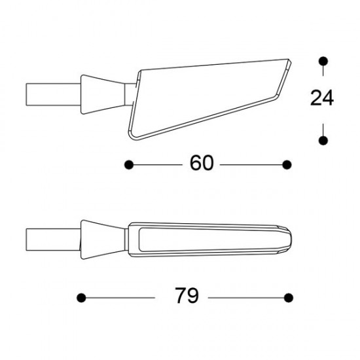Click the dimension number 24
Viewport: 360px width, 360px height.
[x=321, y=99]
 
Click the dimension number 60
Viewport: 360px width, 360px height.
[x=202, y=163]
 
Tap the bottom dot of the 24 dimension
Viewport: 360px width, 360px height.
[x=322, y=139]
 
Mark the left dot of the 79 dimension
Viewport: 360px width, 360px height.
[x=81, y=297]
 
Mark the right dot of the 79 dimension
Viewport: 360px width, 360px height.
[x=287, y=297]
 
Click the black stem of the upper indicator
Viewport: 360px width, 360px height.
[x=52, y=92]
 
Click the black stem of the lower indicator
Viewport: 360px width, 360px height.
[x=52, y=238]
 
